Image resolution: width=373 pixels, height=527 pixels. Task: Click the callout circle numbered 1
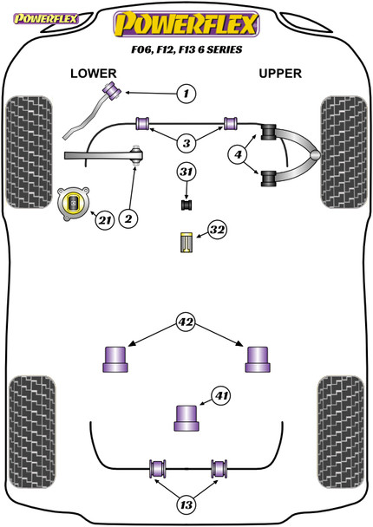[186, 93]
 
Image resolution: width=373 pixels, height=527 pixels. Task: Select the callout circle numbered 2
[128, 218]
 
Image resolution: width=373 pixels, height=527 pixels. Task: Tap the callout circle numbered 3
[186, 144]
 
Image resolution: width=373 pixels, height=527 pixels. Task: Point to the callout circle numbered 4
[238, 154]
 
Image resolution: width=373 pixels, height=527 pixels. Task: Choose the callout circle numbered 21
[105, 220]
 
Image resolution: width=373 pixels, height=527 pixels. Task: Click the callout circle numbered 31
[186, 172]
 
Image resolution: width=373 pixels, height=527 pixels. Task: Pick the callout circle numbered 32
[217, 230]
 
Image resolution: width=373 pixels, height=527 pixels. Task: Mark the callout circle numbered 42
[186, 322]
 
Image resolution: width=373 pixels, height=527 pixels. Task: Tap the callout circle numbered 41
[221, 395]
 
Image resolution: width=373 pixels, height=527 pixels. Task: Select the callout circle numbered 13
[186, 504]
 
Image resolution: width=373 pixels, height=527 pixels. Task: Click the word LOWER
[94, 74]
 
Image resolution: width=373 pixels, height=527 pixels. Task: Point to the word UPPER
[280, 74]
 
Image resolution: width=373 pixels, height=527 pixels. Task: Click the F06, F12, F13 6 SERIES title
[186, 49]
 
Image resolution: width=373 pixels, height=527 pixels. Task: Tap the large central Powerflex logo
[186, 24]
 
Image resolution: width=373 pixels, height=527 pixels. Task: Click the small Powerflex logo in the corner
[45, 18]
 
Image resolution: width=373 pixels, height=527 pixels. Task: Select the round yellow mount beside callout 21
[74, 204]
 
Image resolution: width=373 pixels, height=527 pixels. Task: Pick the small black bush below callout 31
[186, 205]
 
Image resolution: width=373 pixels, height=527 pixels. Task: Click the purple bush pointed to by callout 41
[186, 418]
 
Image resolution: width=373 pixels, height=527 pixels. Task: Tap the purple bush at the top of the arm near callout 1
[113, 90]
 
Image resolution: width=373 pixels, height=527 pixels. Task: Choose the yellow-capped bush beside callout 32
[186, 242]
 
